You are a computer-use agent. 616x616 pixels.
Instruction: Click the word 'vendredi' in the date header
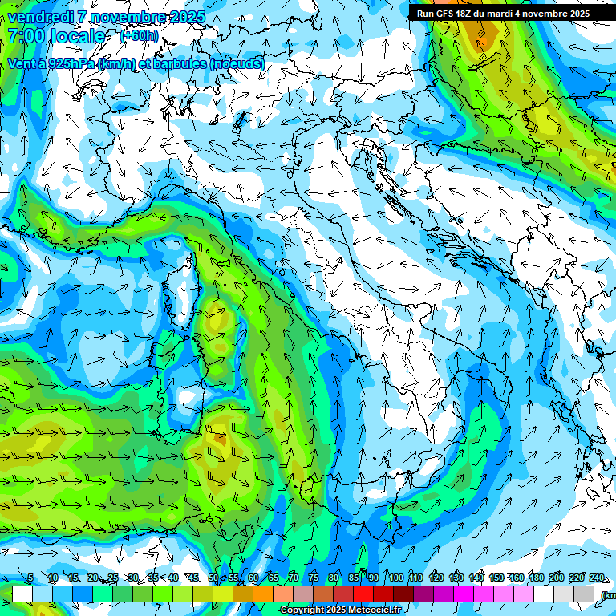point(39,17)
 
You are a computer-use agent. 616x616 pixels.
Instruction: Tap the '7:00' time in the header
point(27,36)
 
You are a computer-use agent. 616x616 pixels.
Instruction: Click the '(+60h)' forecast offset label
point(139,36)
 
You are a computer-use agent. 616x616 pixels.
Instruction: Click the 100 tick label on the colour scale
point(395,578)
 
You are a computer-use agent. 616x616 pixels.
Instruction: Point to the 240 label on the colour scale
point(597,578)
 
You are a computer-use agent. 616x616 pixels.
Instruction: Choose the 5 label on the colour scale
point(30,578)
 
